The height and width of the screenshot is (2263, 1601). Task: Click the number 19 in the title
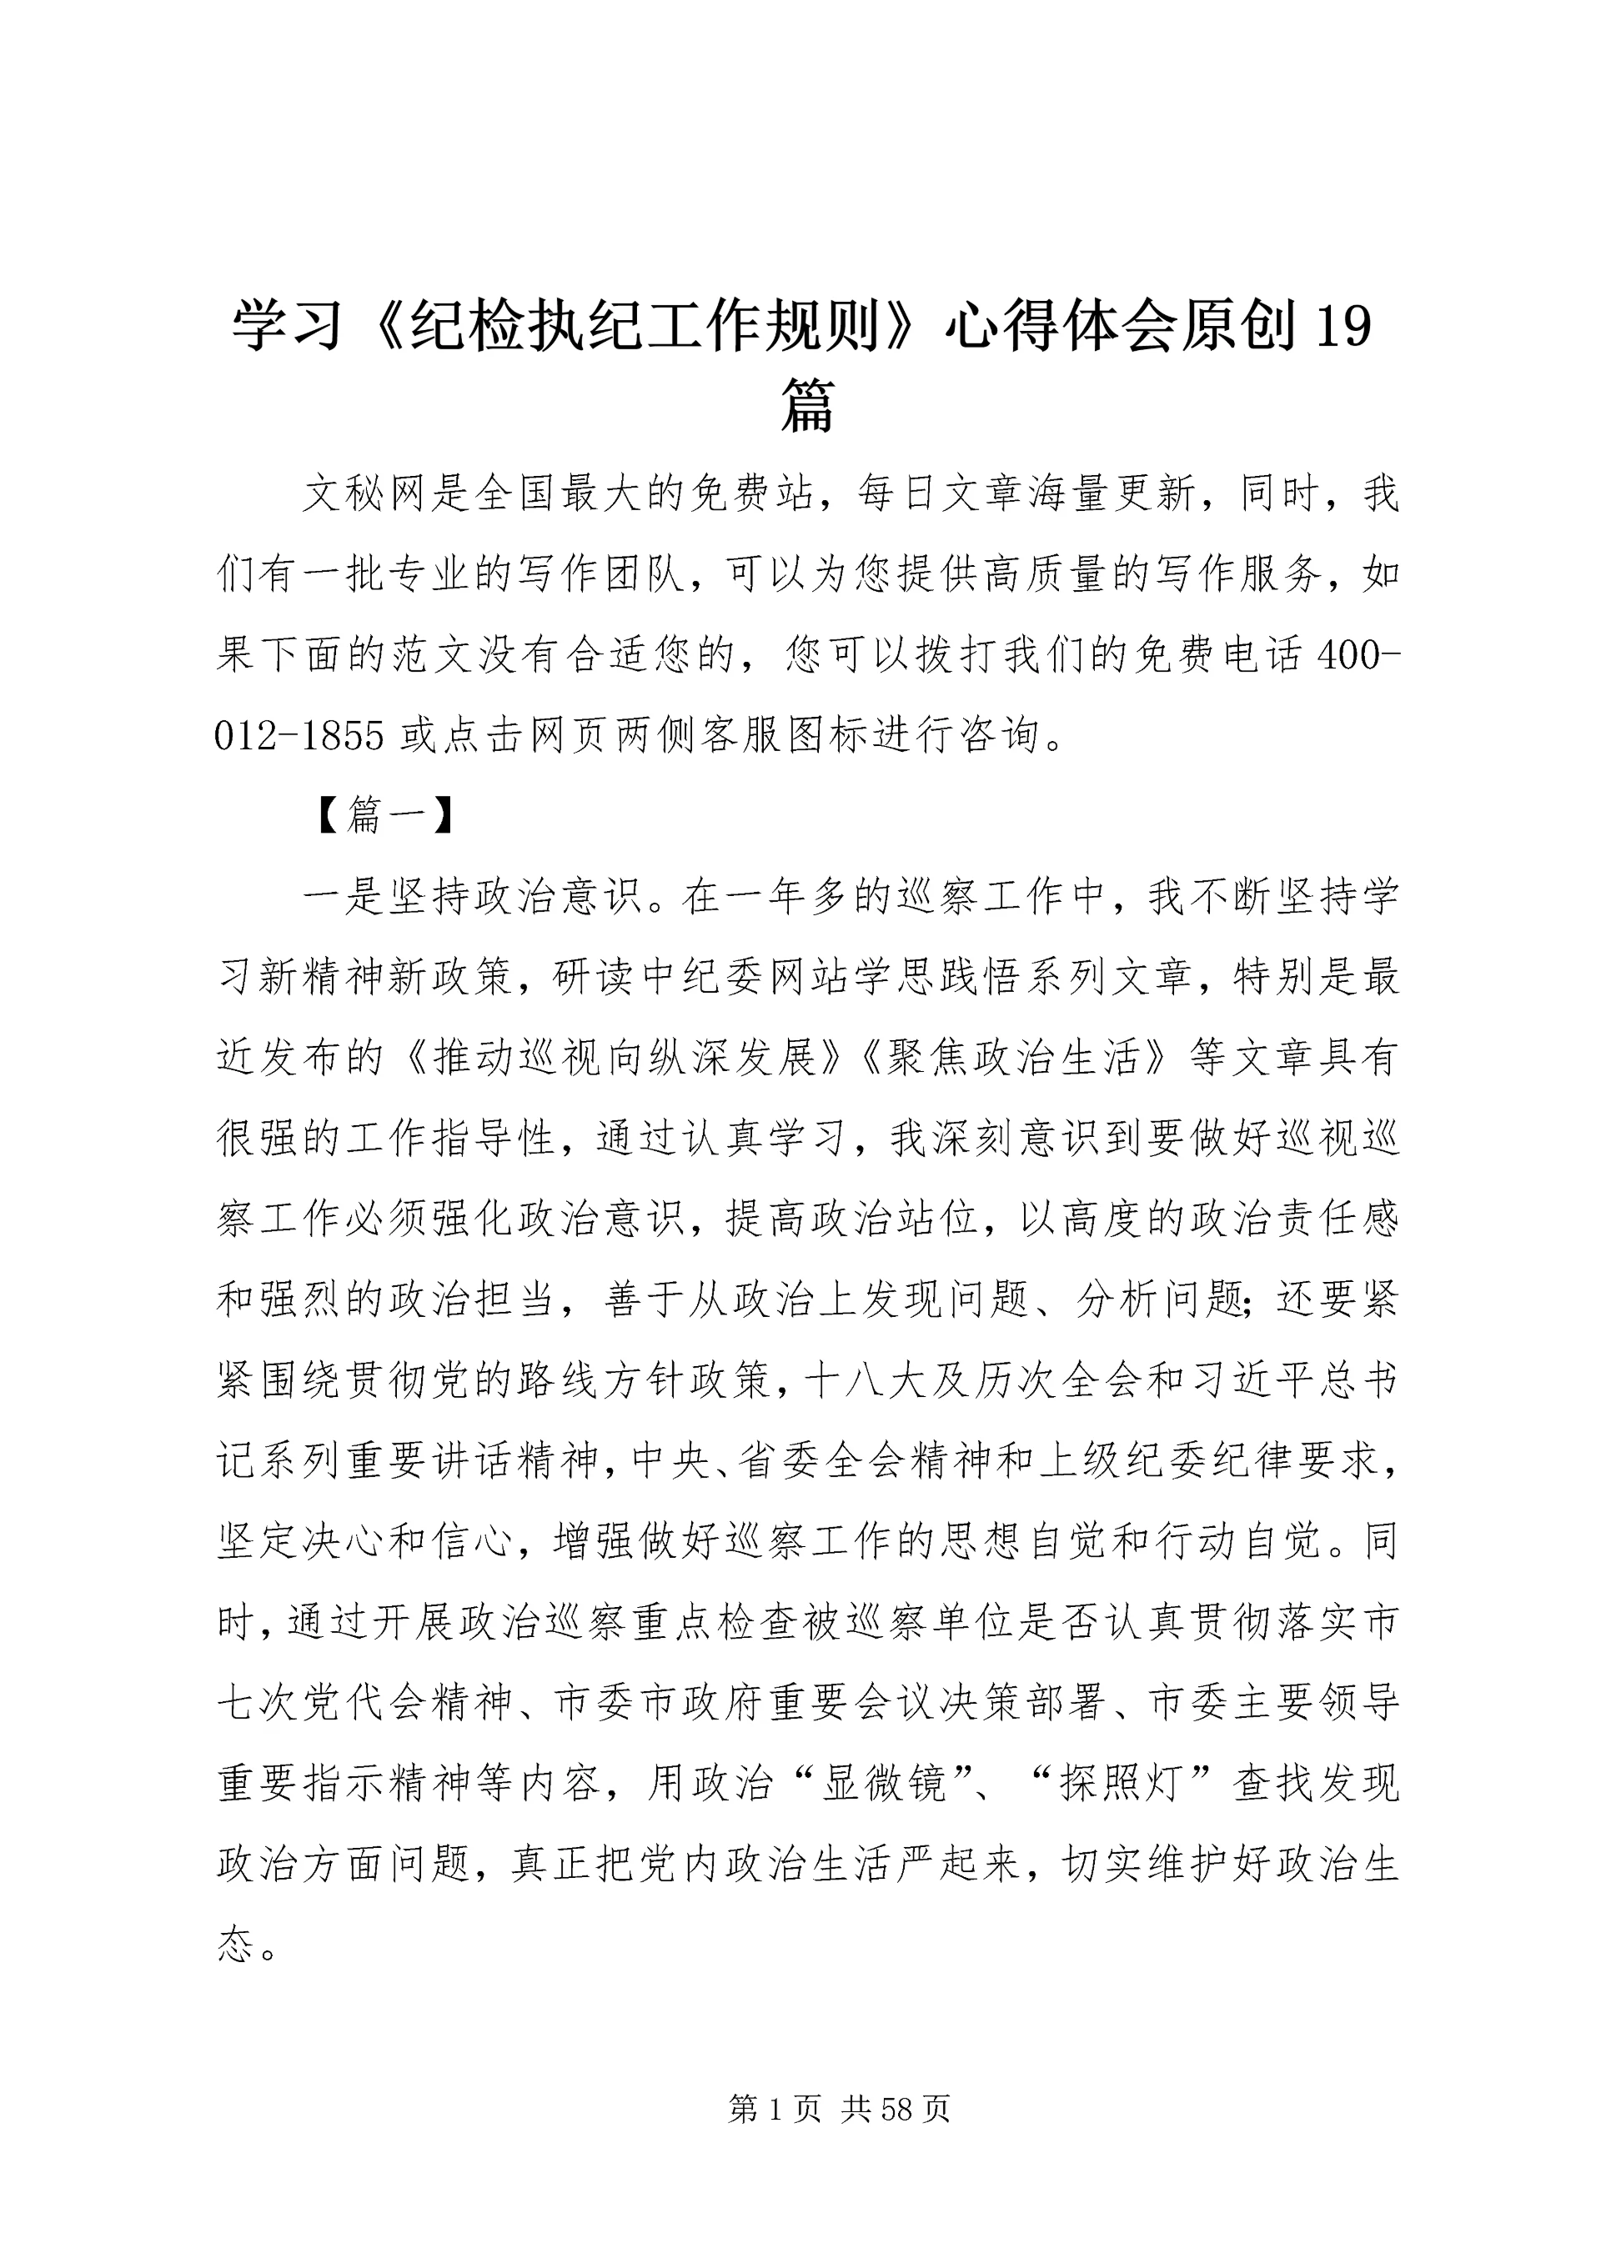[1343, 326]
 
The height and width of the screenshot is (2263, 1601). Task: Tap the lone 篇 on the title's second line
[807, 405]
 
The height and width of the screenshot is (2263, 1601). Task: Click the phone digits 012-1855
[299, 735]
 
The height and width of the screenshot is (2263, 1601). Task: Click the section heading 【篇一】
[385, 815]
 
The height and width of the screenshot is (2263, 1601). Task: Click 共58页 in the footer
[896, 2110]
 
